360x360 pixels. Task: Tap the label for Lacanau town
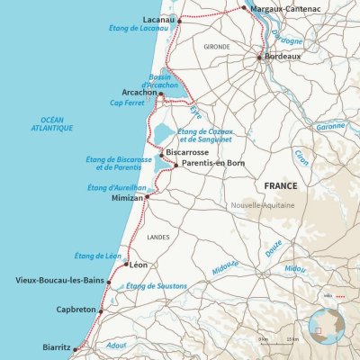pos(158,18)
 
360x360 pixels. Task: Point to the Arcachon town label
pos(139,92)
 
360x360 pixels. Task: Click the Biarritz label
pos(57,346)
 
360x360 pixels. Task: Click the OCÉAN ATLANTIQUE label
pos(56,125)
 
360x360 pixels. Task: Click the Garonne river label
pos(330,126)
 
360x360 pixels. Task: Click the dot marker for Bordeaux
pos(259,58)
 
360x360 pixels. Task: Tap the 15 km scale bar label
pos(292,338)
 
